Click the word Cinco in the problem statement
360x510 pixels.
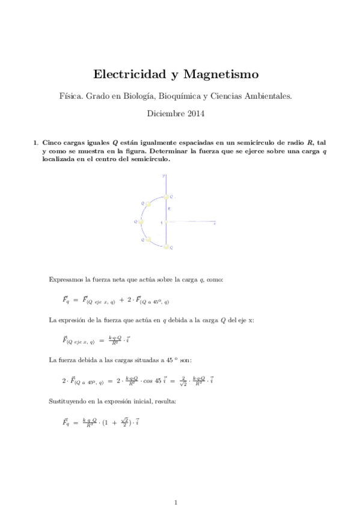(x=52, y=142)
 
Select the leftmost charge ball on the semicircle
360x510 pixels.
(x=141, y=221)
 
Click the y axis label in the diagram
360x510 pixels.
(x=163, y=175)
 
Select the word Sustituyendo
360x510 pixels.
(x=67, y=400)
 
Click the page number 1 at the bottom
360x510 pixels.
(x=175, y=500)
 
